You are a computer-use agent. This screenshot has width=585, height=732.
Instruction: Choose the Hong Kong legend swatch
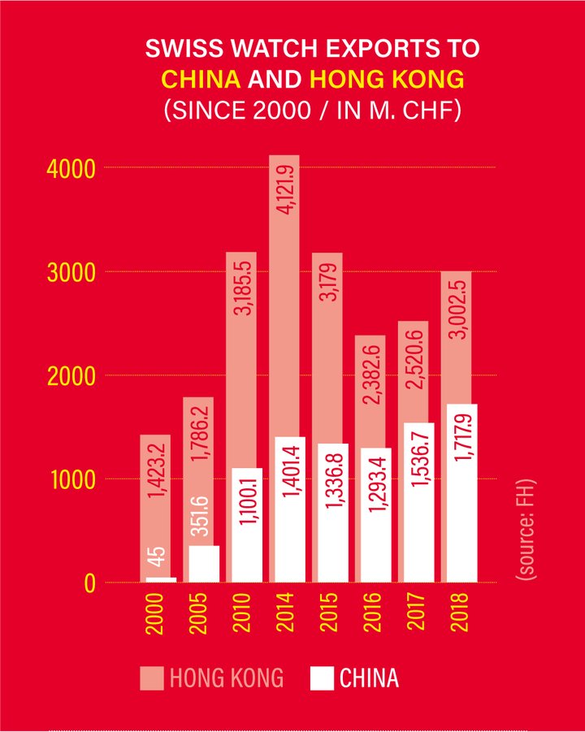coord(151,678)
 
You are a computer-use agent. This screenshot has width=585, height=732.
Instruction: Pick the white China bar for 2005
coord(203,564)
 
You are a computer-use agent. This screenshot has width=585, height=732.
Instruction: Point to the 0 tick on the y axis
coord(90,583)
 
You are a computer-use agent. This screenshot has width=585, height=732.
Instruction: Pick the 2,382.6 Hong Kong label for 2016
coord(374,370)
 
